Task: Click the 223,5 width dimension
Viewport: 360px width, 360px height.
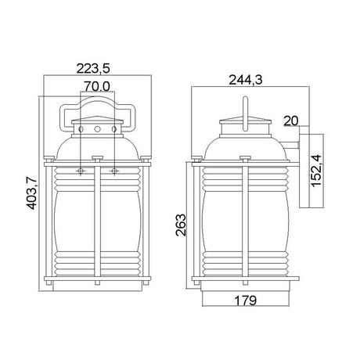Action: (93, 69)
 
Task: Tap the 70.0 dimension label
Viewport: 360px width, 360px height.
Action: (97, 86)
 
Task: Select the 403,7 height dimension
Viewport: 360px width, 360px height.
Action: (32, 193)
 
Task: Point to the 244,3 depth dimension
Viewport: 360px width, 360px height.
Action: (246, 80)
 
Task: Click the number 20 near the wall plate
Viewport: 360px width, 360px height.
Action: (291, 121)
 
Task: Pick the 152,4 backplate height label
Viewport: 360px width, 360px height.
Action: (316, 171)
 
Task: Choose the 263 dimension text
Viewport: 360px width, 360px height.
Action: (181, 225)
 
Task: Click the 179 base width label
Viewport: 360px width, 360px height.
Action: (246, 301)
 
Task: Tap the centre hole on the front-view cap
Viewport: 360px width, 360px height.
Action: (97, 129)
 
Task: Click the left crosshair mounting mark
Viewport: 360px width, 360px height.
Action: (81, 171)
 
